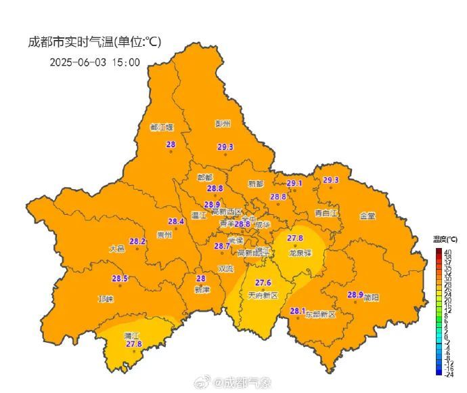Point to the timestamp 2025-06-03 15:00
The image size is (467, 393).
(x=95, y=62)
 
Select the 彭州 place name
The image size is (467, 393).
(x=223, y=124)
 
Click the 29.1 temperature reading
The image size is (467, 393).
(x=295, y=183)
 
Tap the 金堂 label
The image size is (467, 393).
(x=368, y=215)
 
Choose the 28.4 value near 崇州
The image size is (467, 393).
(x=176, y=222)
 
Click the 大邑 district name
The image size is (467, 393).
(x=117, y=249)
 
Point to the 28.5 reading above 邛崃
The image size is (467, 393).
(x=120, y=278)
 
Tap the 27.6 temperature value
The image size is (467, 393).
(x=263, y=283)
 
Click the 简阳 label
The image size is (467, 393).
(x=372, y=297)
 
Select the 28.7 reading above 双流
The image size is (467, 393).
(x=222, y=246)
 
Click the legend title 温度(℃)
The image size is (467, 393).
(x=445, y=239)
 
